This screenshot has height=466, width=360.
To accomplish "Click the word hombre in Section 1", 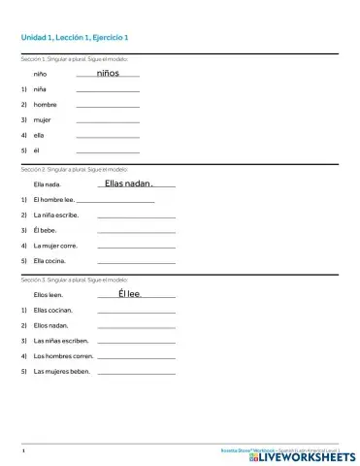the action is (x=46, y=104).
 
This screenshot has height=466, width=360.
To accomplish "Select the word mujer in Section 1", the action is (x=44, y=119).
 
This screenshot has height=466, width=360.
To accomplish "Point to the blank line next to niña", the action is (x=108, y=90).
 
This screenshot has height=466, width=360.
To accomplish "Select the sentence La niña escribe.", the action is (x=56, y=215).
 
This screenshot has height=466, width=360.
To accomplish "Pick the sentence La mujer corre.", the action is (x=55, y=246).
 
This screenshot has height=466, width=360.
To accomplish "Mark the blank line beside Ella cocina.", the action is (x=136, y=262).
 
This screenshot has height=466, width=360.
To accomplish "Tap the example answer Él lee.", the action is (x=129, y=293).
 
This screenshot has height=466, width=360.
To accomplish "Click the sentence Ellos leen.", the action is (x=49, y=294).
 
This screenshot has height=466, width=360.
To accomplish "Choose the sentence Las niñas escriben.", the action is (x=61, y=341).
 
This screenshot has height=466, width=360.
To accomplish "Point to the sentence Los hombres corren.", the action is (x=64, y=356).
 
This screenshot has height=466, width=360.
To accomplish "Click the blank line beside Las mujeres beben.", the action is (x=136, y=373).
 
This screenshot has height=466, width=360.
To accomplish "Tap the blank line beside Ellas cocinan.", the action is (x=136, y=312).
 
